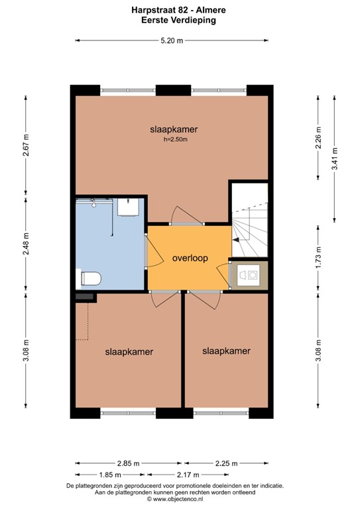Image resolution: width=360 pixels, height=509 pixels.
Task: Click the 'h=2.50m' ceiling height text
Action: pyautogui.click(x=174, y=139)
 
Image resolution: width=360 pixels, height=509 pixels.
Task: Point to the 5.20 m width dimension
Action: pyautogui.click(x=172, y=40)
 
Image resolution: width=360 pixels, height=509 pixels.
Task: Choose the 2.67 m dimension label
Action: pyautogui.click(x=25, y=146)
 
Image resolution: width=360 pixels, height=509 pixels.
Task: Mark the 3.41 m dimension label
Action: pyautogui.click(x=335, y=159)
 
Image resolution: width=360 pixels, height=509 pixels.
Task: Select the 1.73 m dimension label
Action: pyautogui.click(x=318, y=255)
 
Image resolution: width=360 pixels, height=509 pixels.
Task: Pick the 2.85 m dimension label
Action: pyautogui.click(x=128, y=463)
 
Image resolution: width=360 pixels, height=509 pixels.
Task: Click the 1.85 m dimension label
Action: pyautogui.click(x=110, y=475)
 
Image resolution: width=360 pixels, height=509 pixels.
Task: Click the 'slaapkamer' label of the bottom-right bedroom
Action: pyautogui.click(x=226, y=351)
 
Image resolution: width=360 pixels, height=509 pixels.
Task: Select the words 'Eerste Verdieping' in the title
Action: pyautogui.click(x=179, y=21)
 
